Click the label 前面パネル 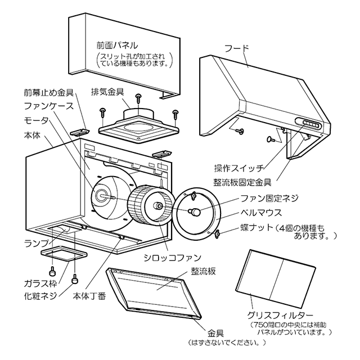click(116, 44)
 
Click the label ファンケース click(44, 107)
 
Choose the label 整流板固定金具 click(243, 182)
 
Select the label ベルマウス click(260, 214)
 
